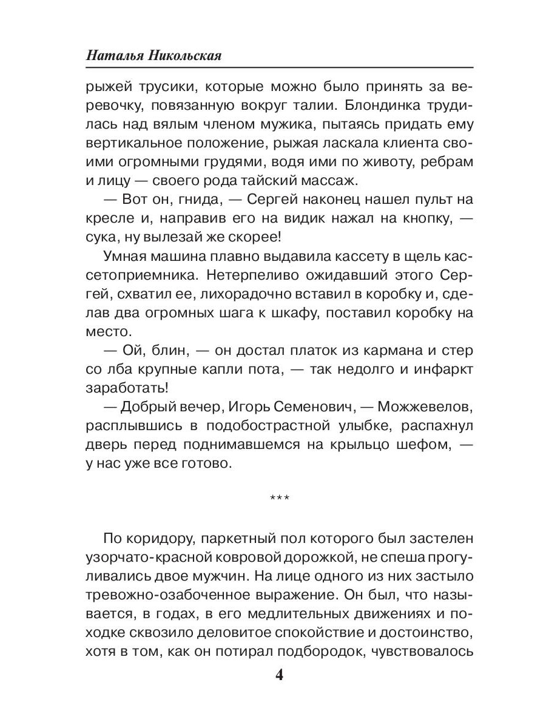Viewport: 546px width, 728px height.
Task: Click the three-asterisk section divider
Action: coord(279,499)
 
